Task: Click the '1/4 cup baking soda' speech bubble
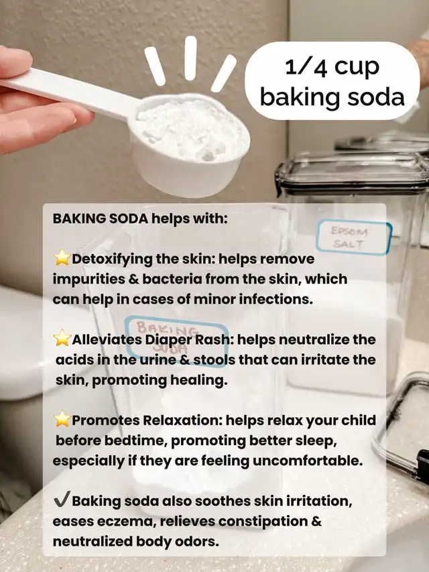point(332,81)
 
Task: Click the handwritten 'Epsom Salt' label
point(353,237)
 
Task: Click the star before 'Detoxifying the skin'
point(62,258)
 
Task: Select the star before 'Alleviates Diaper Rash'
point(62,338)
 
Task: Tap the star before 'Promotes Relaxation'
point(62,418)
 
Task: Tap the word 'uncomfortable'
point(308,461)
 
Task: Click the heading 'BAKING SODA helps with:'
point(141,219)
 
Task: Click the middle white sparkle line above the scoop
point(190,58)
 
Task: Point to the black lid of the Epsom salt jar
point(352,172)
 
